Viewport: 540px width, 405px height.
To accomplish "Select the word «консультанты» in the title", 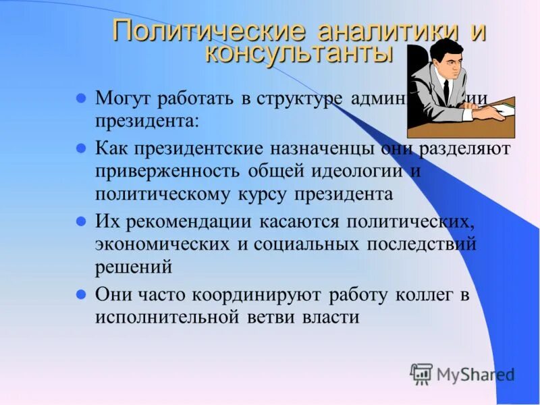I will [x=298, y=54].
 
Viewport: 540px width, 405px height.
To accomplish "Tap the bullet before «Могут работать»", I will [x=80, y=97].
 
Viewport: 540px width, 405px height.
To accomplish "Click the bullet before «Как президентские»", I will [x=80, y=146].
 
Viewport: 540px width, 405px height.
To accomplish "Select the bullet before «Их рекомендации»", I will [x=80, y=220].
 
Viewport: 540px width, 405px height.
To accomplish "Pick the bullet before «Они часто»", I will [x=80, y=294].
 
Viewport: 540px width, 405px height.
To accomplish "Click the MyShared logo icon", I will [x=421, y=373].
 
